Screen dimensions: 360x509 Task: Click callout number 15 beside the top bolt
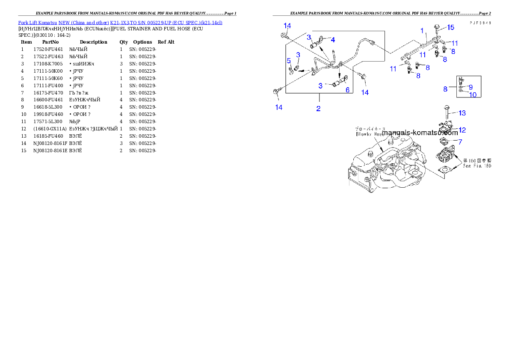(x=451, y=28)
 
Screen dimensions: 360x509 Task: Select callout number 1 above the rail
(x=422, y=31)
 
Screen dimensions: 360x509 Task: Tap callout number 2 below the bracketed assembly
(x=318, y=109)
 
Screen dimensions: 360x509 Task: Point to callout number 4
(x=333, y=40)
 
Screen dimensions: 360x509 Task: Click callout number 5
(x=289, y=61)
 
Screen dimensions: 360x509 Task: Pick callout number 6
(x=347, y=90)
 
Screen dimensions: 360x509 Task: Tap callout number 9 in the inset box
(x=471, y=87)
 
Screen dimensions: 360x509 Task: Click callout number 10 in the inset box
(x=472, y=94)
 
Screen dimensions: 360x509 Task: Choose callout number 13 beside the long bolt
(x=462, y=113)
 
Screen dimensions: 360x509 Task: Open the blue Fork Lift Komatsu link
(x=120, y=22)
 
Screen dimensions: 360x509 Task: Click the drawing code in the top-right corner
(x=480, y=22)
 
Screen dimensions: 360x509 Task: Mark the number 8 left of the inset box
(x=445, y=89)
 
